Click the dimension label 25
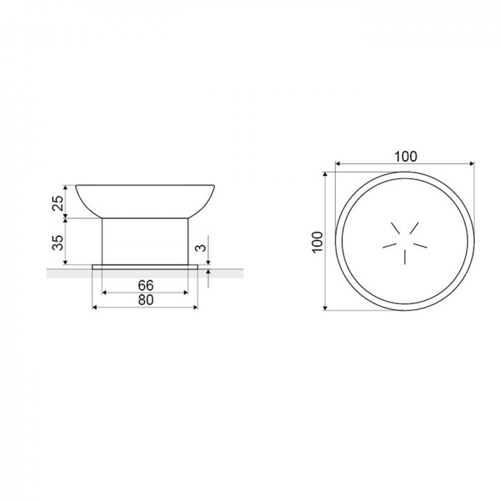coord(58,203)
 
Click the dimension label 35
coord(58,242)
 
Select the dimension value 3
coord(201,247)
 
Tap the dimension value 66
coord(146,285)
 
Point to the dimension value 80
coord(146,300)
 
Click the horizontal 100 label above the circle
coord(405,156)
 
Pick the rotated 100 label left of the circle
coord(318,242)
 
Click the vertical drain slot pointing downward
coord(405,257)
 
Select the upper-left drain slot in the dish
coord(396,228)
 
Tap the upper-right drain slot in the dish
coord(414,228)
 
